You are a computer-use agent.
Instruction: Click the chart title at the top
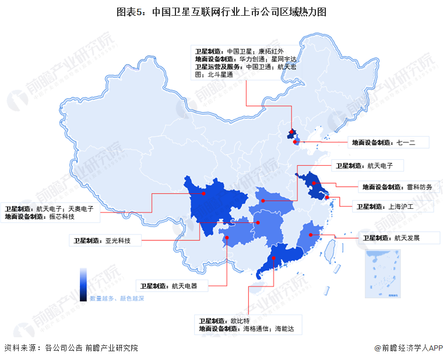pyautogui.click(x=221, y=11)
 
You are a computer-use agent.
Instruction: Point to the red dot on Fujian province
pyautogui.click(x=318, y=233)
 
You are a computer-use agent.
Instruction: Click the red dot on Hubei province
pyautogui.click(x=263, y=201)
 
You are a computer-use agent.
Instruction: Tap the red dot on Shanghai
pyautogui.click(x=326, y=197)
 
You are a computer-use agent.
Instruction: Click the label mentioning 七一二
pyautogui.click(x=389, y=142)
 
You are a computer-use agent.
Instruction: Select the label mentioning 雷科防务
pyautogui.click(x=396, y=187)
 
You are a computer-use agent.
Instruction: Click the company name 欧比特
pyautogui.click(x=240, y=321)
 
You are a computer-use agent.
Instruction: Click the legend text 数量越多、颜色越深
pyautogui.click(x=117, y=298)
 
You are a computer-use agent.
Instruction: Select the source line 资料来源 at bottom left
pyautogui.click(x=71, y=348)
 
